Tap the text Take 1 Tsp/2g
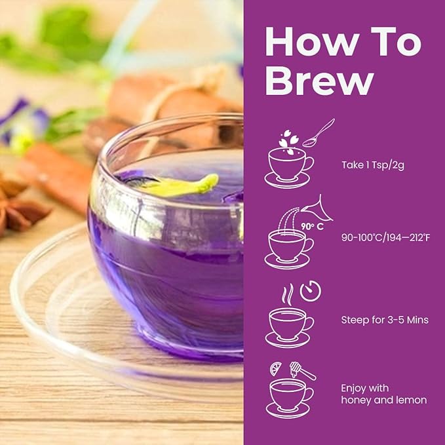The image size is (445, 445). tap(372, 164)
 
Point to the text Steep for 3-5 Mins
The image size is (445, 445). tap(385, 320)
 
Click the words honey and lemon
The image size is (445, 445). tap(384, 400)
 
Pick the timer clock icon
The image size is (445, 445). tap(311, 291)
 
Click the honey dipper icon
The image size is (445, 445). tap(303, 371)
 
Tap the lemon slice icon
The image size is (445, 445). tap(277, 368)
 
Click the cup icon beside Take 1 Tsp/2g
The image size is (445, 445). tap(288, 164)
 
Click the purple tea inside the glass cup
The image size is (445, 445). tap(164, 262)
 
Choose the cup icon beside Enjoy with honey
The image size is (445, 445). tap(288, 396)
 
